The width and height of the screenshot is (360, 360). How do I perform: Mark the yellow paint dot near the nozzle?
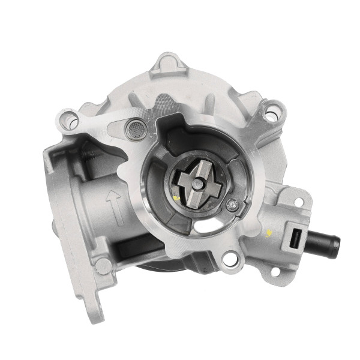pyautogui.click(x=269, y=233)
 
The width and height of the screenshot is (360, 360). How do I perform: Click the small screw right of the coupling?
pyautogui.click(x=232, y=206)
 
